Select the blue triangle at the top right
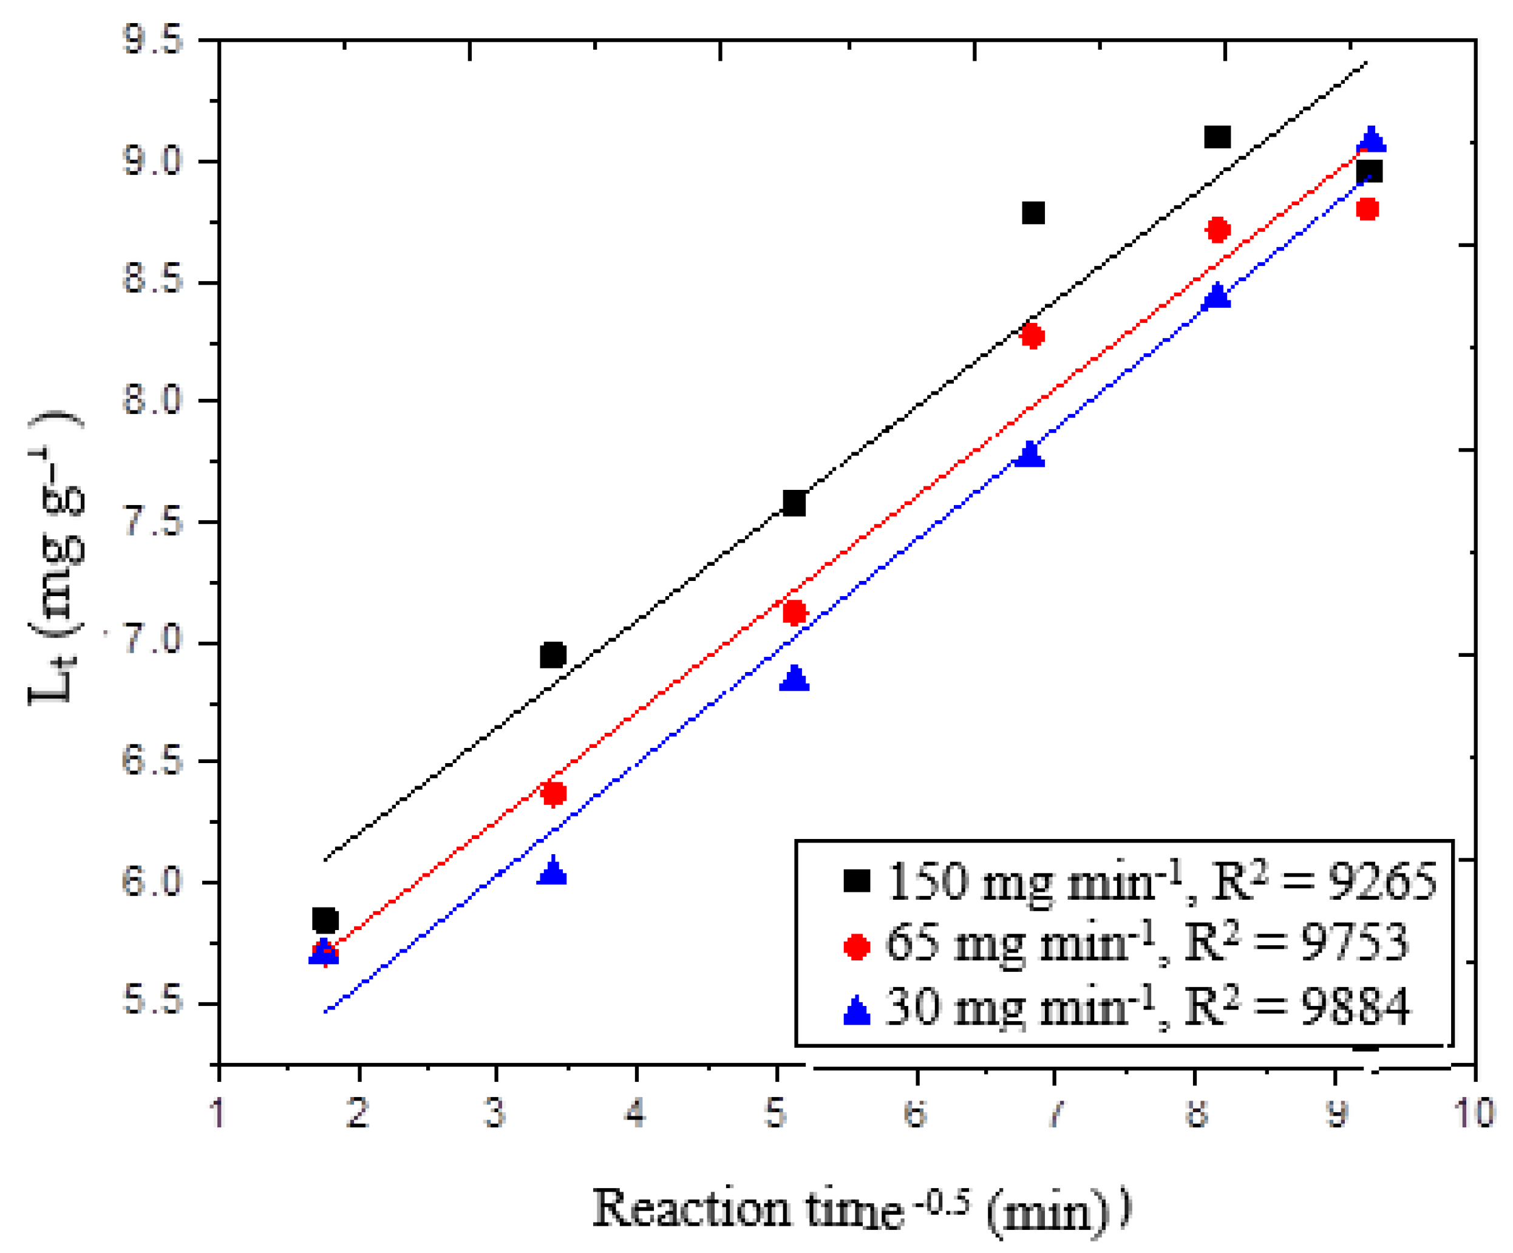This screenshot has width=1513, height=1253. coord(1370,140)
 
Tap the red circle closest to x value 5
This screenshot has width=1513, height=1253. coord(794,613)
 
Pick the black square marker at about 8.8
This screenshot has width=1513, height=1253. coord(1032,213)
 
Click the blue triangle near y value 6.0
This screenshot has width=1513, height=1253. coord(552,872)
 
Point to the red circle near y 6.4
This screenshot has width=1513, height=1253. coord(553,794)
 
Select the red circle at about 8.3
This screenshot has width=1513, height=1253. coord(1032,336)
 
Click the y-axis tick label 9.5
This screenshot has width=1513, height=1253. coord(153,40)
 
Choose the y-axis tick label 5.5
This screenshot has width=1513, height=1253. coord(153,1002)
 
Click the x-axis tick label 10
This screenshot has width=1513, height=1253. coord(1474,1113)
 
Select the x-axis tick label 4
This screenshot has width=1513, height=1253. coord(634,1113)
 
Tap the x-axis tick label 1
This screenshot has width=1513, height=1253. coord(217,1113)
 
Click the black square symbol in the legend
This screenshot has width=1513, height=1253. coord(857,880)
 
